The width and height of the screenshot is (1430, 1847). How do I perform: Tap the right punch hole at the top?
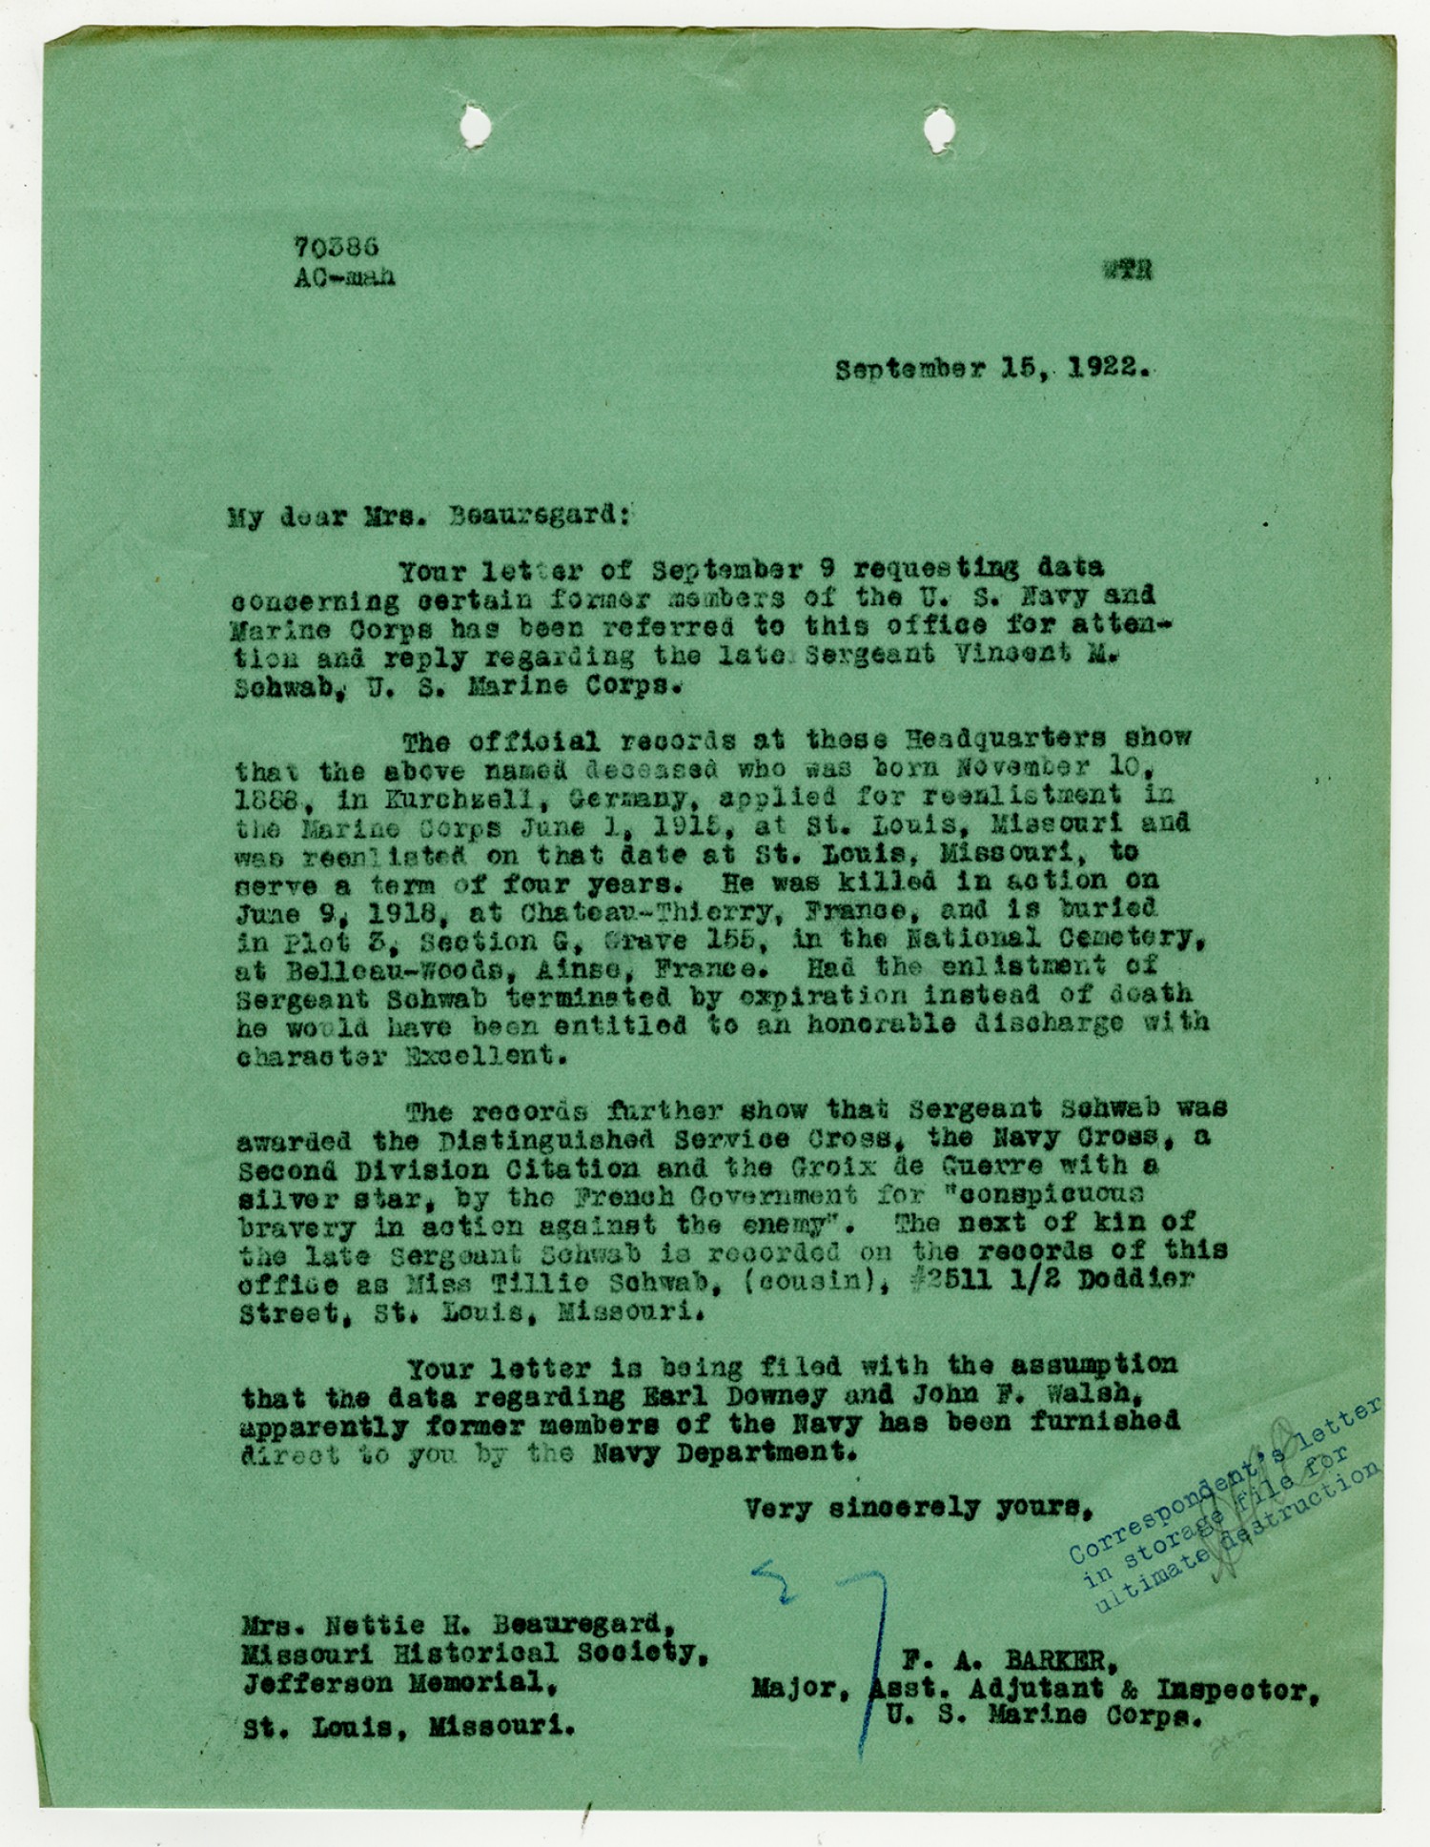point(938,125)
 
